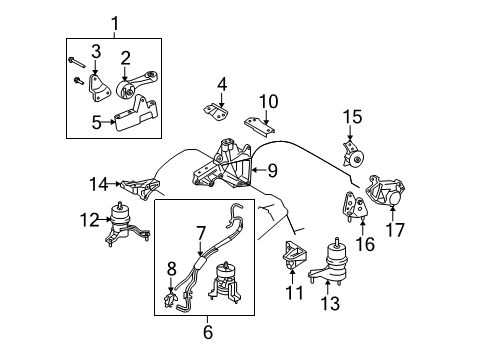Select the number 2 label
[x=125, y=56]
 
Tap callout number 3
[x=95, y=51]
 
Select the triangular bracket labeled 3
[x=94, y=88]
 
